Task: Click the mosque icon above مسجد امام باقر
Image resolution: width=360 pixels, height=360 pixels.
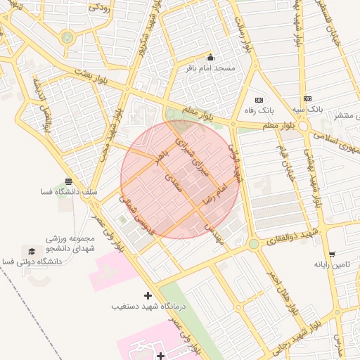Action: [x=210, y=58]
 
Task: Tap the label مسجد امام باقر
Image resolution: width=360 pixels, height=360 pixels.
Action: [x=209, y=68]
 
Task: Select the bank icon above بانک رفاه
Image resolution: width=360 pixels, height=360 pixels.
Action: [x=259, y=101]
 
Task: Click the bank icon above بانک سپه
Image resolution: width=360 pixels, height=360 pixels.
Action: [x=307, y=99]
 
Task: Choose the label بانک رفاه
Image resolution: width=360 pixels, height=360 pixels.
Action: [x=259, y=110]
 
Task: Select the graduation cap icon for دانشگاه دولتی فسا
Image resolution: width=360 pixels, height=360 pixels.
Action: [x=31, y=251]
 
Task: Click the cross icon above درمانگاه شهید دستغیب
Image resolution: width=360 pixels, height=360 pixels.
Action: [x=148, y=295]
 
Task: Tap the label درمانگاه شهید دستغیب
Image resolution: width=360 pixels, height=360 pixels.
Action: [x=148, y=307]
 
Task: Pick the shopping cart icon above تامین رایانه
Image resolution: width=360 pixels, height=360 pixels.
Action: [x=331, y=254]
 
